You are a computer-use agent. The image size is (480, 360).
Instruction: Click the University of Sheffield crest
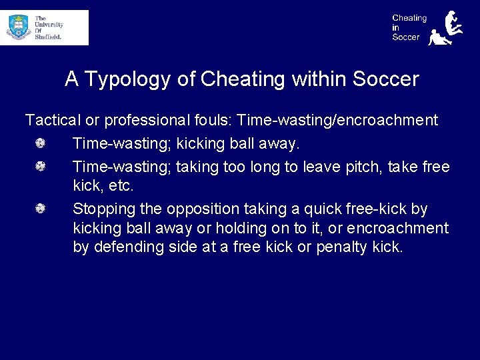[x=18, y=27]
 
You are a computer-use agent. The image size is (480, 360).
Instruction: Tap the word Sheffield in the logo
[x=48, y=37]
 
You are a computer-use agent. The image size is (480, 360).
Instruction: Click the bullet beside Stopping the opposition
[x=41, y=209]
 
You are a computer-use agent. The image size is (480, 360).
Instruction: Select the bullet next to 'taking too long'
[x=41, y=166]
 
